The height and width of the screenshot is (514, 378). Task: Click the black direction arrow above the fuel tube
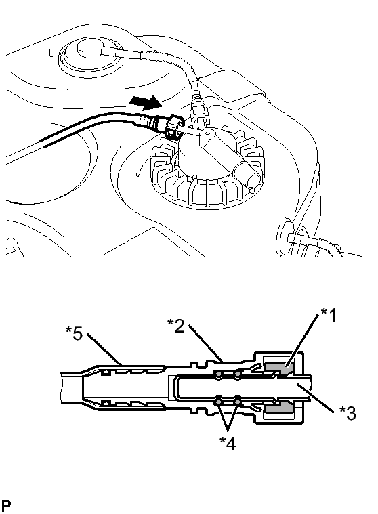(146, 102)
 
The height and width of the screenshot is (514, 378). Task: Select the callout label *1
(328, 315)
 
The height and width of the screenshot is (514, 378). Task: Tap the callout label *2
(176, 326)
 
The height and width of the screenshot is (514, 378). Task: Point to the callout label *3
(347, 413)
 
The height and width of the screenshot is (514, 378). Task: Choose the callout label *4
(228, 444)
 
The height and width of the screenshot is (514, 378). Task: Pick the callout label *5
(74, 334)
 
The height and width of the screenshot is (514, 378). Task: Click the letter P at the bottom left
(5, 506)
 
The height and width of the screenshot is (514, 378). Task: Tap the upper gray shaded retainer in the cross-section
(279, 369)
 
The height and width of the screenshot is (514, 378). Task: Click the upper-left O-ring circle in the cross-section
(218, 374)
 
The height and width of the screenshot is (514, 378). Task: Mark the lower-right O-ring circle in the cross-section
(237, 401)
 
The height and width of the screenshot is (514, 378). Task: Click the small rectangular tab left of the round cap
(51, 53)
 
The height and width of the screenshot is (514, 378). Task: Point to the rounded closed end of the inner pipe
(177, 387)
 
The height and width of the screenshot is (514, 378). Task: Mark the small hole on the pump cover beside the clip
(207, 134)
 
